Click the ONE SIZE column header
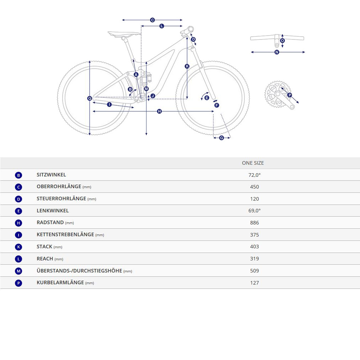(253, 163)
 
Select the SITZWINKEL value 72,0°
(254, 175)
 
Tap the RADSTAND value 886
(254, 223)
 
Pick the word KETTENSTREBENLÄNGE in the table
(65, 234)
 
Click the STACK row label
(49, 247)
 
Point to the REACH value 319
(254, 259)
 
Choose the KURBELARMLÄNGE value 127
(254, 282)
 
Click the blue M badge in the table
(18, 271)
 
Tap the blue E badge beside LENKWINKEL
(18, 211)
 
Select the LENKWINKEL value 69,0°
(254, 211)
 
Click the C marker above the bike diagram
(152, 20)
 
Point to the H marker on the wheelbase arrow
(159, 111)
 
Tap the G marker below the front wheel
(222, 138)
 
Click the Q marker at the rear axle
(90, 98)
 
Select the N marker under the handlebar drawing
(277, 52)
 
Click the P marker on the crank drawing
(290, 95)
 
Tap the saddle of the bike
(124, 34)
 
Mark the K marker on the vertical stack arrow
(187, 67)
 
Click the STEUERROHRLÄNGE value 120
(254, 199)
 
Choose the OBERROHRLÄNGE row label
(64, 187)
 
